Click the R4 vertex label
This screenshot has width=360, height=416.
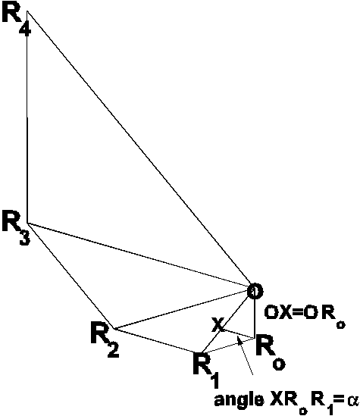coord(17,20)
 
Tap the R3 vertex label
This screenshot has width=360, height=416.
coord(17,227)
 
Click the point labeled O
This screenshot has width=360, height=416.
coord(255,291)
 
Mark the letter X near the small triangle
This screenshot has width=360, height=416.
coord(218,325)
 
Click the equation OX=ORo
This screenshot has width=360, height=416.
coord(305,315)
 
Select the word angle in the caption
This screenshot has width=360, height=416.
coord(239,400)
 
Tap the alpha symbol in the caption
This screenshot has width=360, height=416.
coord(353,400)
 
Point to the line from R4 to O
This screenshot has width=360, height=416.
coord(139,148)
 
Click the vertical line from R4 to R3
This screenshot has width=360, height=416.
coord(27,117)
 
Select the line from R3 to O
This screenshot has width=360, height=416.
coord(138,255)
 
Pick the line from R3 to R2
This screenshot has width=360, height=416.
coord(70,276)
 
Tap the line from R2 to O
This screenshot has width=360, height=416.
coord(182,310)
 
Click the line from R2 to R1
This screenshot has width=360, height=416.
coord(157,341)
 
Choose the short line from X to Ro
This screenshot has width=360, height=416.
coord(239,333)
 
